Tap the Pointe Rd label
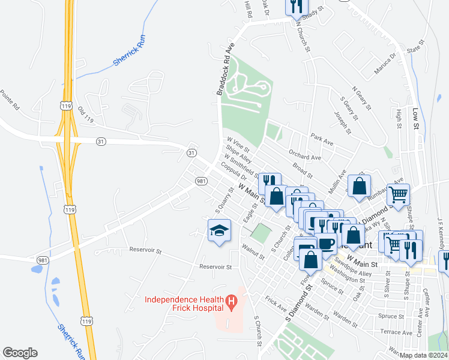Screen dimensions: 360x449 pos(10,100)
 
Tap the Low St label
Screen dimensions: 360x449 pos(415,118)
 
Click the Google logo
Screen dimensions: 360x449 pos(20,353)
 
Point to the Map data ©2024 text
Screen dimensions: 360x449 pos(424,355)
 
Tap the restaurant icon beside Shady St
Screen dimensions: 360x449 pos(297,7)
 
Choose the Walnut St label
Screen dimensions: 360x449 pos(253,250)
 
